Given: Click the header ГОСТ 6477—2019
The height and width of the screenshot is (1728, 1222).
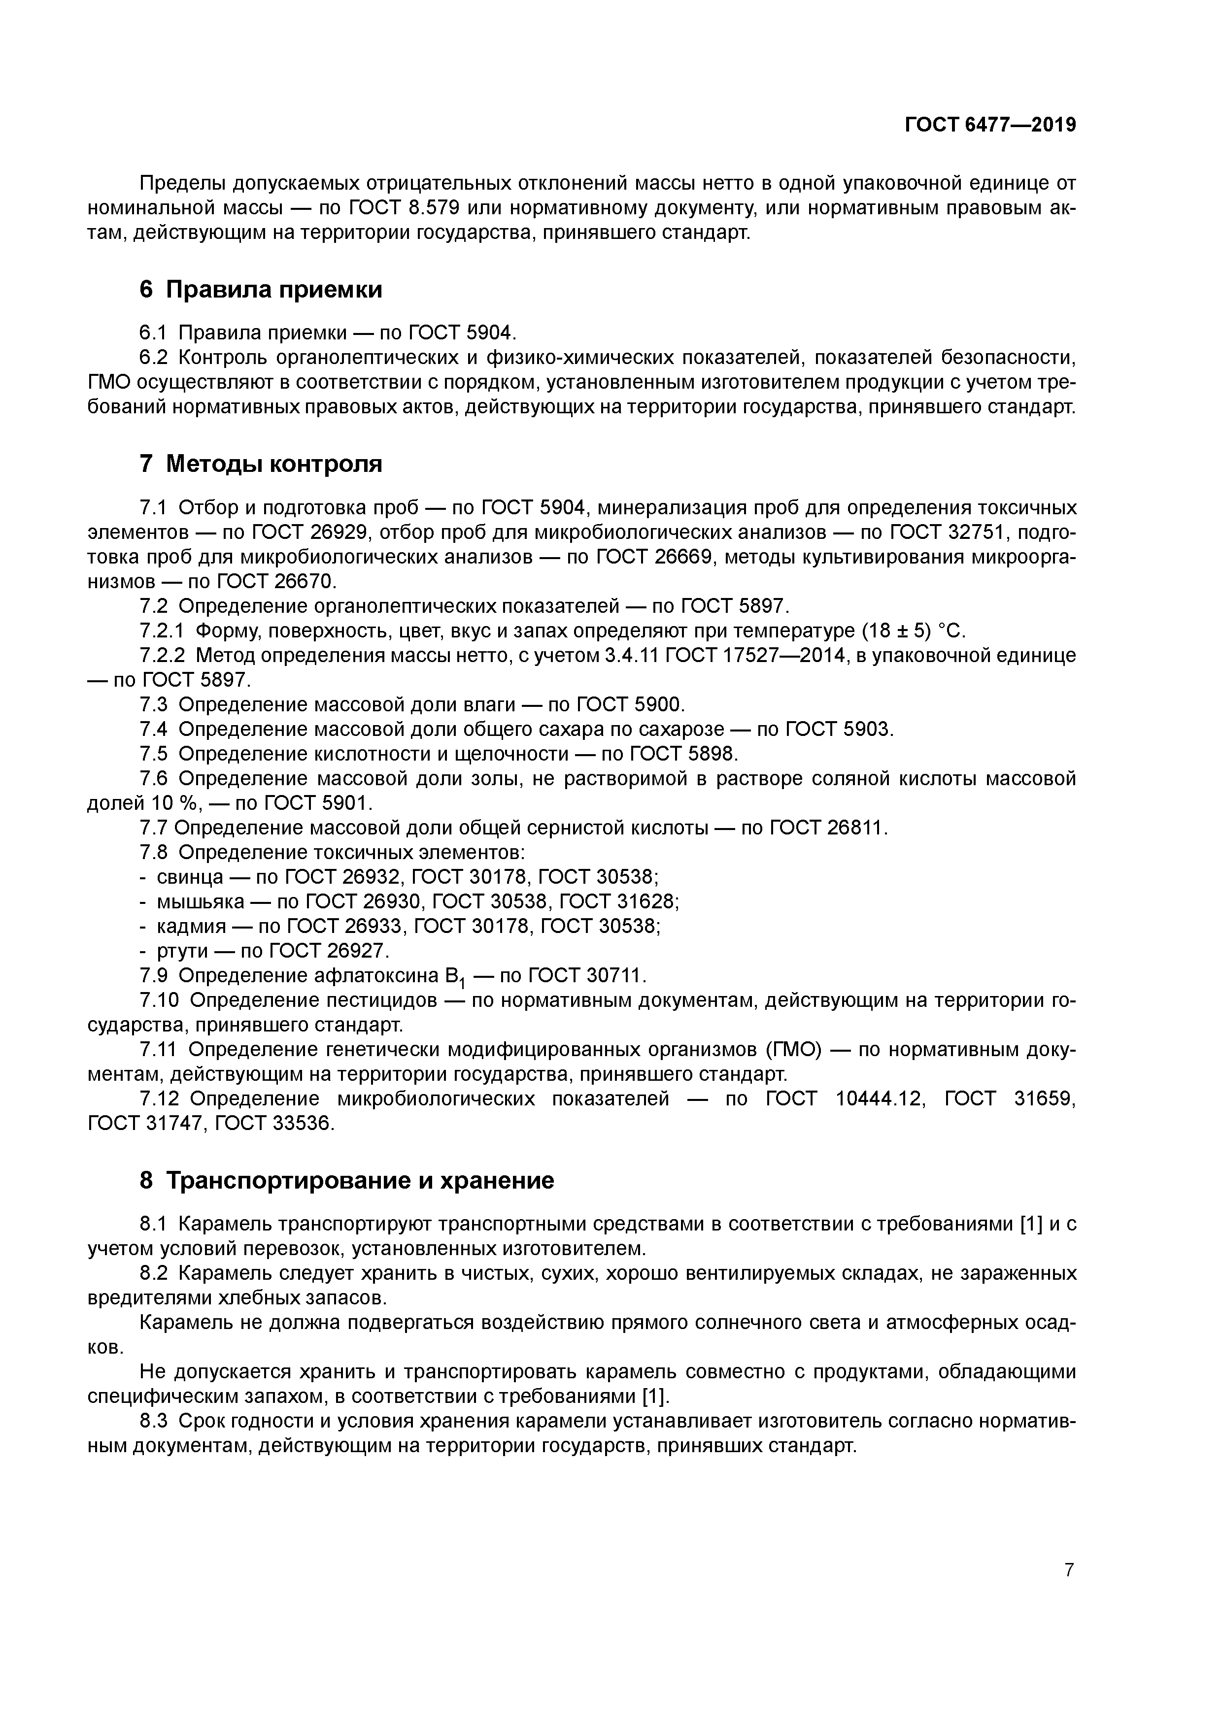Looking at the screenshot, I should point(990,125).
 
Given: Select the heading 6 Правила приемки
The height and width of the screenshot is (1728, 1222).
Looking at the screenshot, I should point(261,289).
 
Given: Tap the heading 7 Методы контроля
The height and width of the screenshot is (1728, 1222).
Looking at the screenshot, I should point(261,464).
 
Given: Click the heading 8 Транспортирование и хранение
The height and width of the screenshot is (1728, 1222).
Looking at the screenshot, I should point(346,1180).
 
